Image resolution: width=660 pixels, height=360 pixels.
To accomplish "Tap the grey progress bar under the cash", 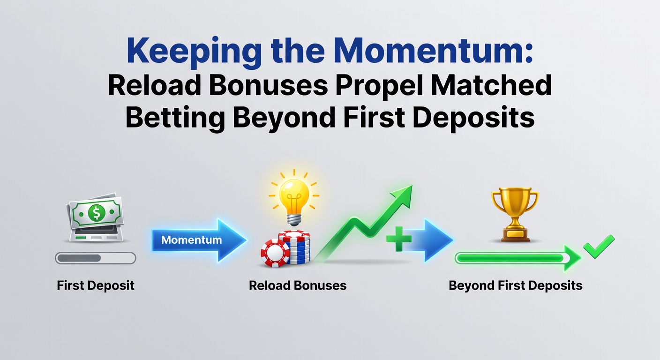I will (95, 258).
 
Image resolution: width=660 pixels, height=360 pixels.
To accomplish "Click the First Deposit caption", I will (96, 285).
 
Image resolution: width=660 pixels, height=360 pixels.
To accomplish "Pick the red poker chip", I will (275, 254).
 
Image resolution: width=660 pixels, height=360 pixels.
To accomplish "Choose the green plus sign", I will (398, 239).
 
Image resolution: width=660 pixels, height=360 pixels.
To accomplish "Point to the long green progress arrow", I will (516, 258).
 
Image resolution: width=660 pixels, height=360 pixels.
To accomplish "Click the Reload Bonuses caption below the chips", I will (298, 285).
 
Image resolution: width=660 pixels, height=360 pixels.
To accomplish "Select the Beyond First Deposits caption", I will (516, 285).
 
